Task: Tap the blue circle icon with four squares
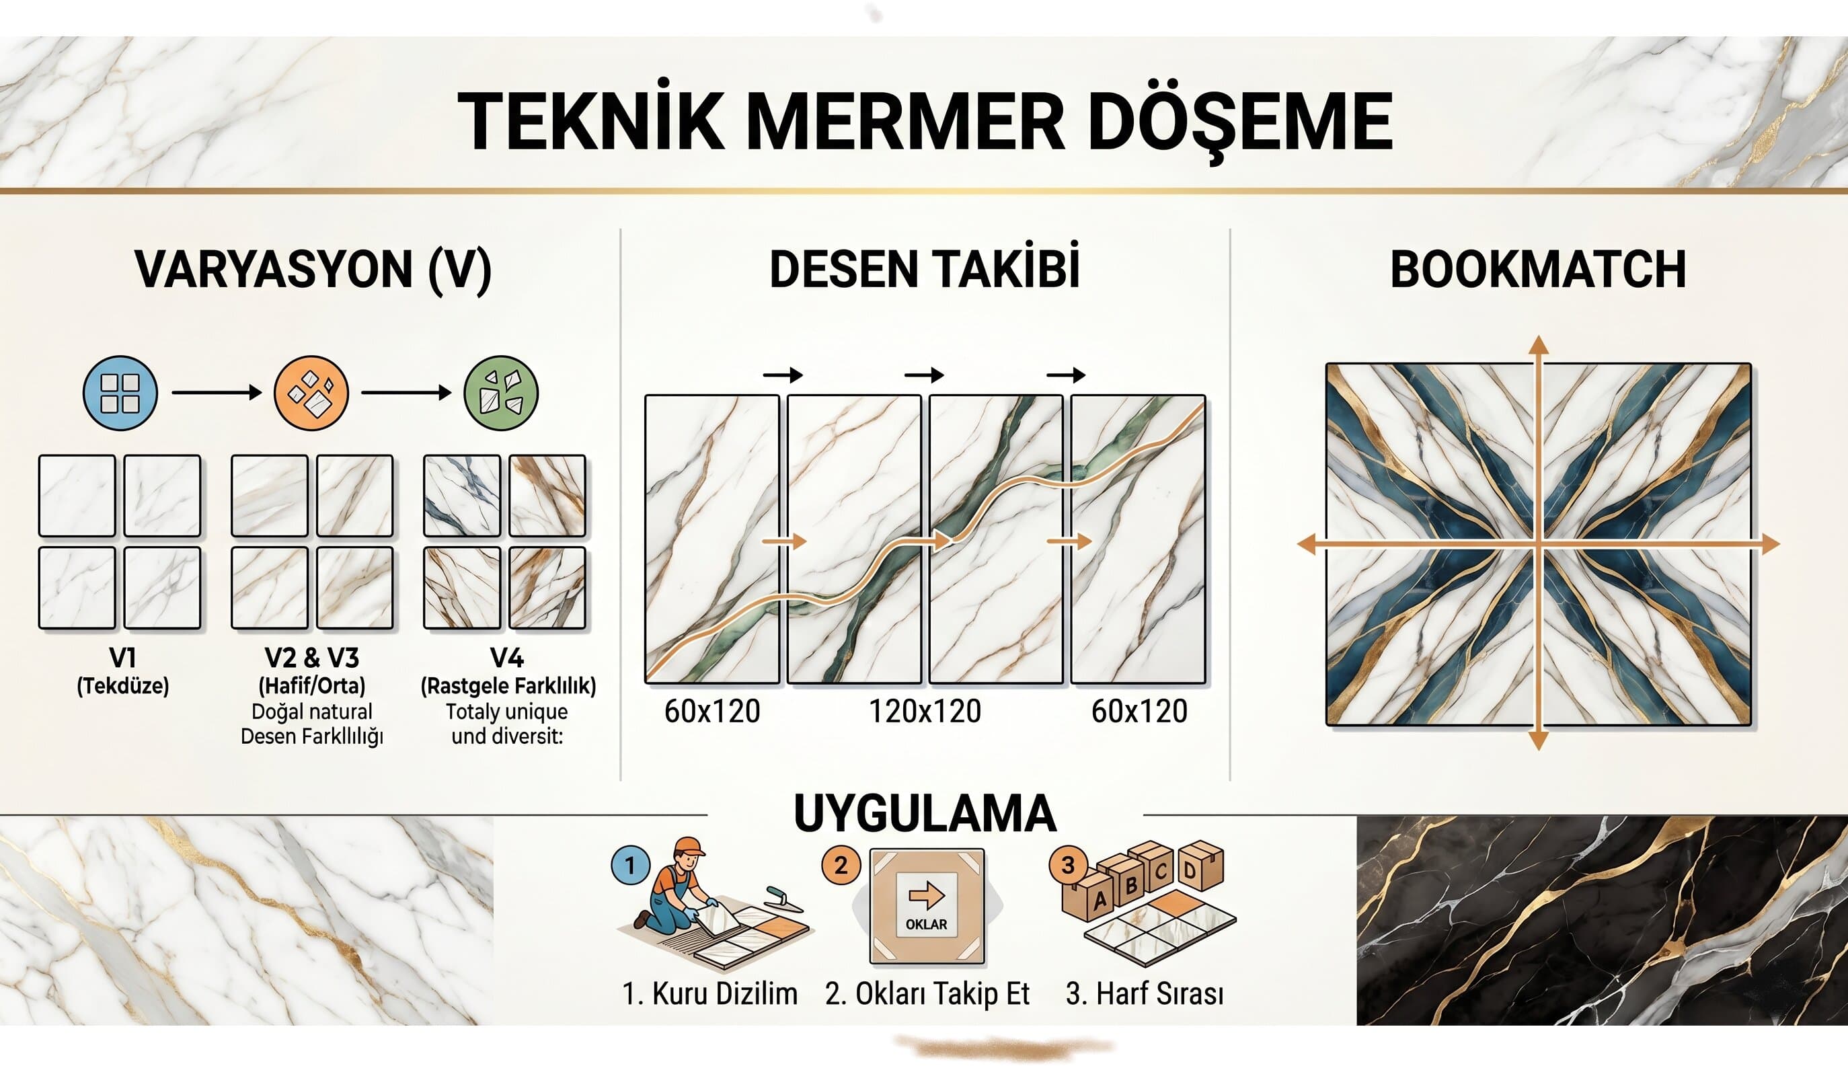click(x=120, y=393)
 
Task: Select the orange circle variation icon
click(x=311, y=393)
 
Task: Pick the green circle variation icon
click(x=501, y=393)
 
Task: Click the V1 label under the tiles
click(x=122, y=658)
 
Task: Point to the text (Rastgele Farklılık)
click(x=508, y=686)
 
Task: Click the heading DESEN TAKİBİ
click(x=925, y=270)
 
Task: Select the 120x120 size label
click(x=925, y=712)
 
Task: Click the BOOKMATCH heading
click(x=1538, y=270)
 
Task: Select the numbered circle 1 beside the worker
click(x=630, y=866)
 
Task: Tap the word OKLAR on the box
click(x=926, y=925)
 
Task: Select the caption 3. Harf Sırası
click(x=1144, y=994)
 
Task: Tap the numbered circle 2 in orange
click(x=841, y=866)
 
